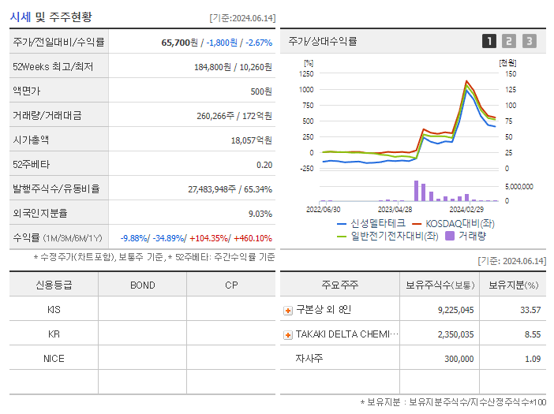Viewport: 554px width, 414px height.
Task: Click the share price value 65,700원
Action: point(182,42)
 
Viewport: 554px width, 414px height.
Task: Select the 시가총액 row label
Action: point(31,140)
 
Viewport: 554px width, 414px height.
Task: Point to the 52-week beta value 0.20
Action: point(264,164)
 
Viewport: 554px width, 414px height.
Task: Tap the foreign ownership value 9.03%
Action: point(260,213)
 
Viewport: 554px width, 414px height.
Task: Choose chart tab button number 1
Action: point(489,41)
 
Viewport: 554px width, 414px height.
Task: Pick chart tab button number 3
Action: point(529,41)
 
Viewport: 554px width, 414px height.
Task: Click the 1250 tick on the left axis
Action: point(305,73)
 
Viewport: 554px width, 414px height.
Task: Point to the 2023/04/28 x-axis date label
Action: point(395,210)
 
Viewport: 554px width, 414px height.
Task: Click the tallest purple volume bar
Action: point(416,191)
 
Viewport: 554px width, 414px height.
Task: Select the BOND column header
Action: point(142,285)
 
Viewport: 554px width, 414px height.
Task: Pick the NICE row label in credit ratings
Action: point(54,359)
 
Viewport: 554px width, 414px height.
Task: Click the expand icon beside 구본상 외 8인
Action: point(288,311)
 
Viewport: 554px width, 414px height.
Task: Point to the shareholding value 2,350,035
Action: point(455,334)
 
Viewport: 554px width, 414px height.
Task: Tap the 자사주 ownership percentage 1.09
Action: point(533,359)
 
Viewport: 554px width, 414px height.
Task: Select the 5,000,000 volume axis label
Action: point(518,187)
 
